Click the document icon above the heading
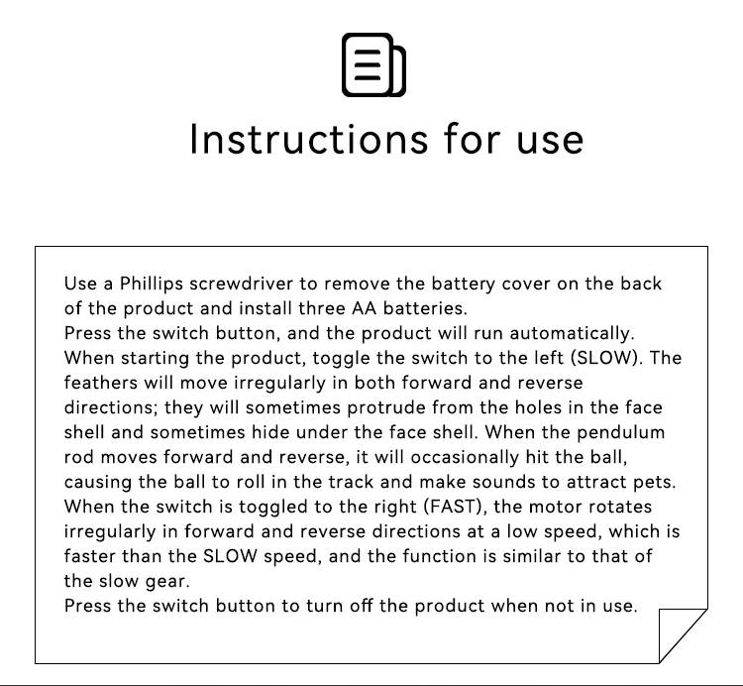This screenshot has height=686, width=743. point(373,64)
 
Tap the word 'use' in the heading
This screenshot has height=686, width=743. point(550,142)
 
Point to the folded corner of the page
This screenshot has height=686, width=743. point(683,635)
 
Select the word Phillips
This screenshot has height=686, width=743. point(152,284)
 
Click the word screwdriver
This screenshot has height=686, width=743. point(241,284)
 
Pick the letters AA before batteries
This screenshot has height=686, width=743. point(364,308)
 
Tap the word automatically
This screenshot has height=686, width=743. point(572,333)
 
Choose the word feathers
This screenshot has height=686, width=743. point(101,383)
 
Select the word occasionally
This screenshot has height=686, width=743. point(465,457)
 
